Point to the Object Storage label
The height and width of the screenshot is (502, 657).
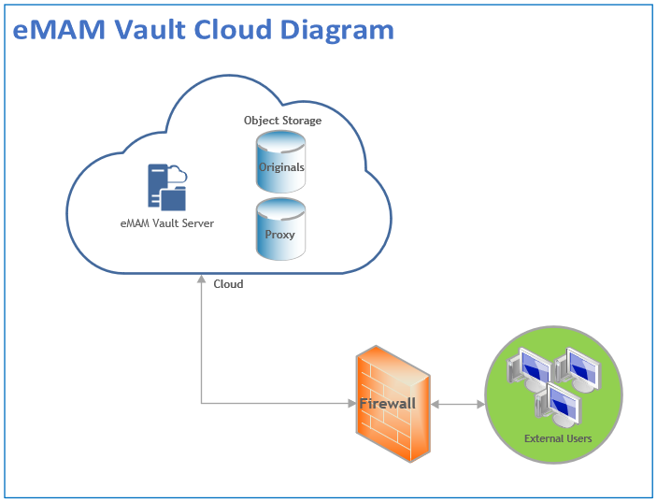282,121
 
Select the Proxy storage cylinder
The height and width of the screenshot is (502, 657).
280,229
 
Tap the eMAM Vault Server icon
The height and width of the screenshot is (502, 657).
166,186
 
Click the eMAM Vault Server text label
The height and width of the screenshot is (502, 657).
167,223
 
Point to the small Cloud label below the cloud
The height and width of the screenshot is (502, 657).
228,284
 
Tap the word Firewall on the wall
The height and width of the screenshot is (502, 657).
387,404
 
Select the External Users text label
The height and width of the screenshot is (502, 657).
557,437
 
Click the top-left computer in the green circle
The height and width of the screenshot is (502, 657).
529,369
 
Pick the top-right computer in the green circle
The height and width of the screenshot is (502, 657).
578,369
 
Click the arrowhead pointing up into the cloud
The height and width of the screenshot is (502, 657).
201,279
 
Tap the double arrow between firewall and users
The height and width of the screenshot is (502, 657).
457,405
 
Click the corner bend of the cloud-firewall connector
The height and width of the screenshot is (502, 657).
201,404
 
